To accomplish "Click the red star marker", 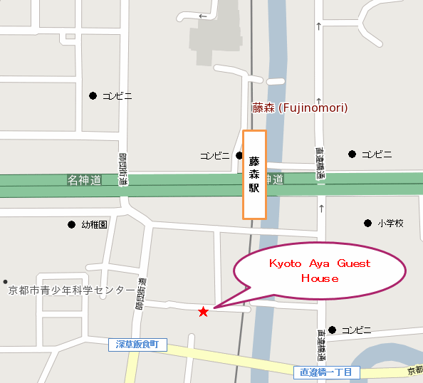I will tap(203, 312).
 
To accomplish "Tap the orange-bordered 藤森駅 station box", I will tap(254, 174).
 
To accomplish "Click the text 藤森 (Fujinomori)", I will tap(300, 108).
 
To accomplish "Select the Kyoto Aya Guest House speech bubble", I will tap(320, 271).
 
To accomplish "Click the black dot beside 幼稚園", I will tap(71, 224).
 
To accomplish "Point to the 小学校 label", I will tap(391, 224).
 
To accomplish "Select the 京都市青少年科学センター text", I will tap(70, 290).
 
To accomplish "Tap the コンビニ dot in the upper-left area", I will tap(93, 95).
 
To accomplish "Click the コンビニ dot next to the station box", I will tap(239, 155).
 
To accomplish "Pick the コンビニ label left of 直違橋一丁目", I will tap(356, 330).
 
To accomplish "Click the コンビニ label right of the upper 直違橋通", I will tap(377, 154).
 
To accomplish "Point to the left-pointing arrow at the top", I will tap(202, 16).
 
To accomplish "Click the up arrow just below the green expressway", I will tap(321, 209).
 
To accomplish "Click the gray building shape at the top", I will tap(214, 36).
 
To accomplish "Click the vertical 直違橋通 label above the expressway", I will tap(320, 162).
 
